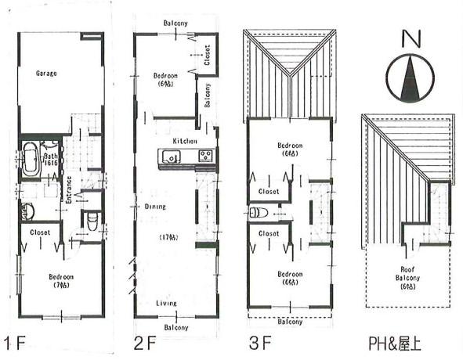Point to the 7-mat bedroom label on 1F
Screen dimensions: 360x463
coord(60,280)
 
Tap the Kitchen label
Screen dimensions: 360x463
coord(185,140)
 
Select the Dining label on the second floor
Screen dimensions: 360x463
coord(155,207)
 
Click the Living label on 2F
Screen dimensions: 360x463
coord(165,303)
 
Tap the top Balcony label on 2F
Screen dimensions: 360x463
coord(175,23)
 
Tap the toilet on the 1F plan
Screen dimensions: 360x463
coord(92,220)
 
